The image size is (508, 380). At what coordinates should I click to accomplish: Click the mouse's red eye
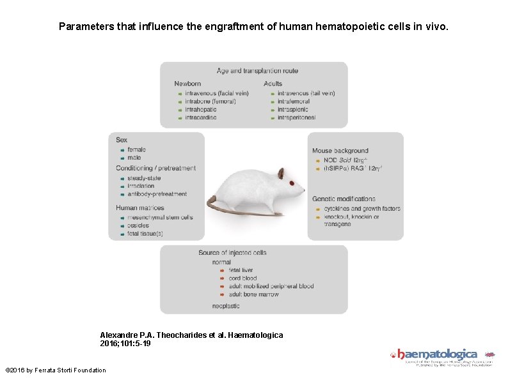(292, 183)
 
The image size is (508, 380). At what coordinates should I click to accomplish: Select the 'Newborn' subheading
(187, 84)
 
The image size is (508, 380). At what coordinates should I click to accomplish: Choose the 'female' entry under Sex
(136, 149)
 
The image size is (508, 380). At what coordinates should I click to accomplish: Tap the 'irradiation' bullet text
(141, 186)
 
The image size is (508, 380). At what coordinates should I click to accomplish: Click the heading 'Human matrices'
(140, 208)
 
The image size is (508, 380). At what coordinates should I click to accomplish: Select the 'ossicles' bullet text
(138, 225)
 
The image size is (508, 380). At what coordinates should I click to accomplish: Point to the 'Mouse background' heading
(340, 151)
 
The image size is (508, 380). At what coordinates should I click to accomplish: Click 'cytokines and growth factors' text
(362, 209)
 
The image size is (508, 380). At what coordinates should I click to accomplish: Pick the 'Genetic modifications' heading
(344, 199)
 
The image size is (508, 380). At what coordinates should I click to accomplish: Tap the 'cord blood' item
(242, 278)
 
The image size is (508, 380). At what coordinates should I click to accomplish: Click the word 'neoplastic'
(226, 307)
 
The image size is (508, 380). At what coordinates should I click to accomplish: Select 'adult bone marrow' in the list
(254, 294)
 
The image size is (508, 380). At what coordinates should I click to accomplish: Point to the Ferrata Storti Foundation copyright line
(56, 370)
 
